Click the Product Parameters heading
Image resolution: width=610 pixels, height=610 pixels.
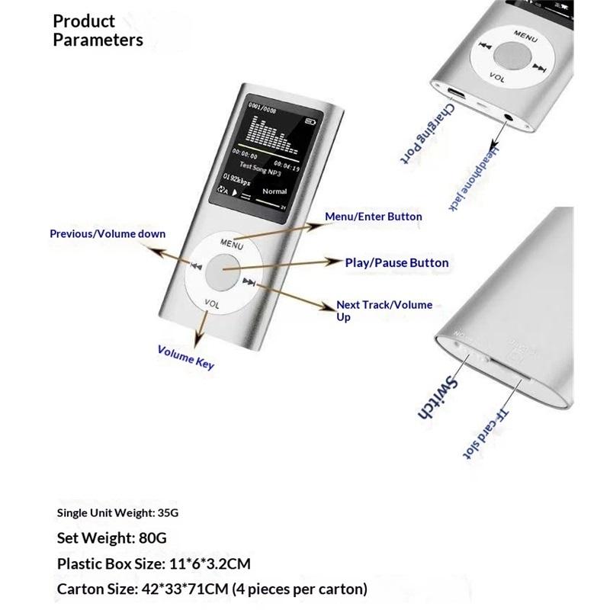98,30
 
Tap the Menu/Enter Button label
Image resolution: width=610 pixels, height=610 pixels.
373,217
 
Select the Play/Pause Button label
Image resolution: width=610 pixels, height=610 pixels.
396,263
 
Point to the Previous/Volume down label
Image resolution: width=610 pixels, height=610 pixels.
108,234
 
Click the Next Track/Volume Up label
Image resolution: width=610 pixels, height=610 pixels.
384,310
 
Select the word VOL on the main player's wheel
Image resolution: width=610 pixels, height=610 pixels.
213,303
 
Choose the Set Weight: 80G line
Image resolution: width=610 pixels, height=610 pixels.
111,538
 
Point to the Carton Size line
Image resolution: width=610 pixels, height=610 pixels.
213,589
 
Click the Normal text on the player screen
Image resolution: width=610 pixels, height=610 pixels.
274,191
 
